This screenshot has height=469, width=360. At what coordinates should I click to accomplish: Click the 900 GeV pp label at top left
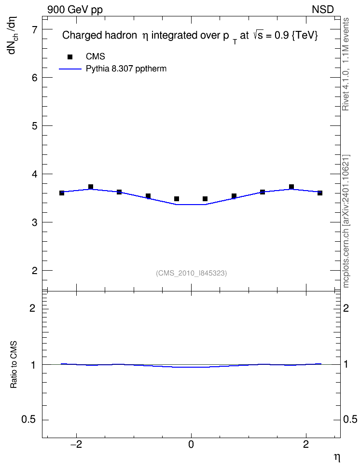coord(75,10)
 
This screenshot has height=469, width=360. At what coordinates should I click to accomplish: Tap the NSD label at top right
coord(322,10)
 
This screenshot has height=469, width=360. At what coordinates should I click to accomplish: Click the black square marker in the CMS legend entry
coord(70,57)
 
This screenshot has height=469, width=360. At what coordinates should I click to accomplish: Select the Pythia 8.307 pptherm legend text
coord(126,69)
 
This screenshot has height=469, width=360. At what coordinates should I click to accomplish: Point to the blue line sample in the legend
coord(70,69)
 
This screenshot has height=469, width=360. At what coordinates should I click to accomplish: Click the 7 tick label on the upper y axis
coord(34,29)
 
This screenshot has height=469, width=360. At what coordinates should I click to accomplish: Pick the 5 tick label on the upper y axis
coord(34,126)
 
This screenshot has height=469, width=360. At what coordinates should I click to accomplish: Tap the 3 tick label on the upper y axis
coord(34,222)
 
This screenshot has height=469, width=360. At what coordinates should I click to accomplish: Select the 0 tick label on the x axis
coord(191,444)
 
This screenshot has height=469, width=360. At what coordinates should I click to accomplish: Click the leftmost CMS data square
coord(62,193)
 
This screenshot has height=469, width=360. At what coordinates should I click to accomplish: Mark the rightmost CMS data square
coord(320,193)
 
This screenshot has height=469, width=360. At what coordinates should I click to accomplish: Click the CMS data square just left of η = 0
coord(177,199)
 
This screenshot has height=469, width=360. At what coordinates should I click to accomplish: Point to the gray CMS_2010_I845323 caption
coord(191,273)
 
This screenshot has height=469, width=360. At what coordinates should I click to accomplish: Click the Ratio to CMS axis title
coord(14,364)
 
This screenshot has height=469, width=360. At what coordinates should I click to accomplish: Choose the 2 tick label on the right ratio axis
coord(346,308)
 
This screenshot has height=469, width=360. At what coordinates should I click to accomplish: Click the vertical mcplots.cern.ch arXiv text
coord(346,221)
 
